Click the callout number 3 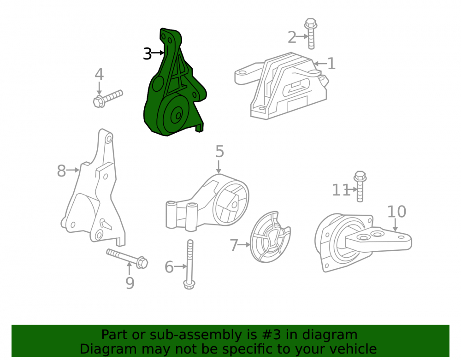(148, 54)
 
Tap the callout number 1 (331, 64)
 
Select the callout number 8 (61, 171)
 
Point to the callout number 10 (396, 211)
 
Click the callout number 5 (219, 151)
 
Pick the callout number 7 (234, 245)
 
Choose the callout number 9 (130, 283)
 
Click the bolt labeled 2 (311, 34)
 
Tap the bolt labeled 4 (107, 99)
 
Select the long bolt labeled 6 (189, 264)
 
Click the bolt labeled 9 (127, 258)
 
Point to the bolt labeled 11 (360, 186)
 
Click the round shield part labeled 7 (270, 236)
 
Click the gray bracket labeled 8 (93, 188)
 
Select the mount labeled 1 (281, 86)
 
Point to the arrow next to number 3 (158, 53)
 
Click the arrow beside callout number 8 (73, 170)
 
